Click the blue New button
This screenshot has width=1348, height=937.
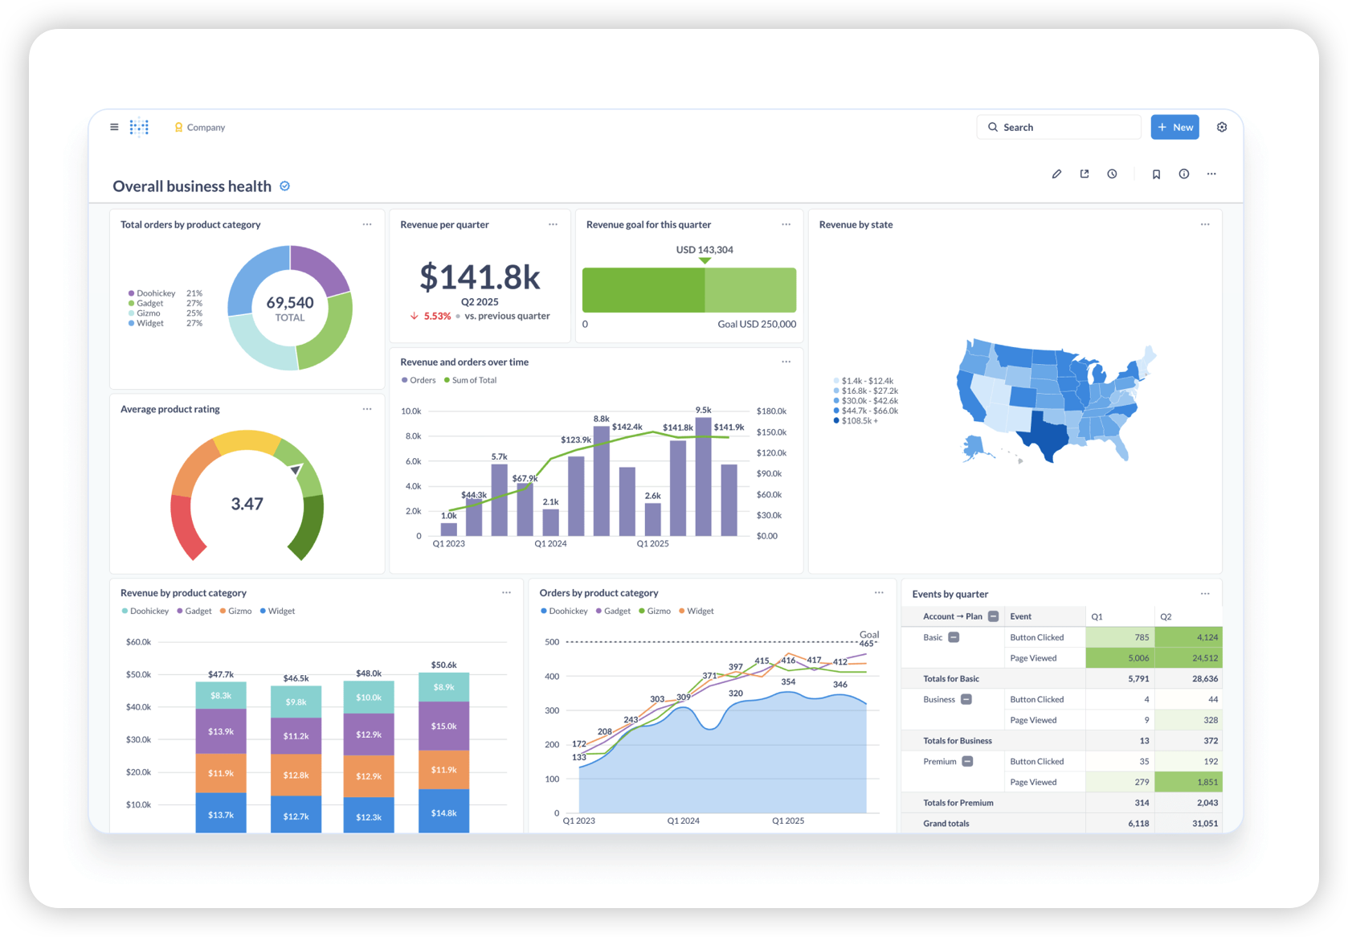(x=1174, y=127)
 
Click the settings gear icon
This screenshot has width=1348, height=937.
(x=1222, y=127)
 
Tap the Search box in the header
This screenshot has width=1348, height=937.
(x=1059, y=127)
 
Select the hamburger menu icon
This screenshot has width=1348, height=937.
(x=114, y=127)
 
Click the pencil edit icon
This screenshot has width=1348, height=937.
(x=1056, y=174)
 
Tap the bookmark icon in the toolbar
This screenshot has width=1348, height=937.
(x=1156, y=174)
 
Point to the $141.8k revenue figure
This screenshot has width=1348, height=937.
(x=480, y=276)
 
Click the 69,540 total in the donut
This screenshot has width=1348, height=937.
(x=290, y=302)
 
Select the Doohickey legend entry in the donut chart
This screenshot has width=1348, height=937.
(x=152, y=293)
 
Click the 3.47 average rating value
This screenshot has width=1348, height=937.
(x=247, y=503)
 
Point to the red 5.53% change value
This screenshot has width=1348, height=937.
(x=437, y=316)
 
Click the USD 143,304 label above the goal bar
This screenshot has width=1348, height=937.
(x=704, y=249)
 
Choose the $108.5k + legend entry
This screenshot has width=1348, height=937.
(x=856, y=420)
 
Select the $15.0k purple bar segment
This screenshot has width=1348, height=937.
(x=443, y=726)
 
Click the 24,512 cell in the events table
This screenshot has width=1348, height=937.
(x=1188, y=658)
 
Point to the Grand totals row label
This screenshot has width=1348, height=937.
(x=946, y=823)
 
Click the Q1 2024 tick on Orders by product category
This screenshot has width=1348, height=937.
(x=683, y=820)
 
